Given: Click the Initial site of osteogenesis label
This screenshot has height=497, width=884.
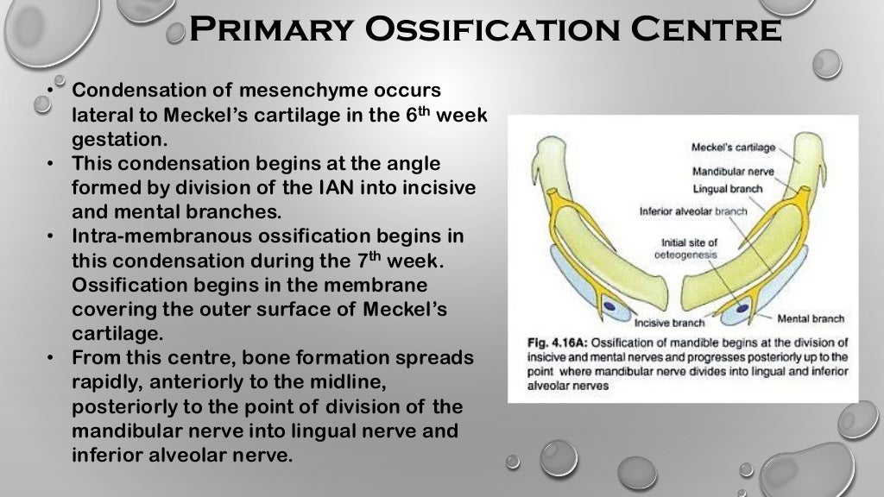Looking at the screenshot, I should click(689, 248).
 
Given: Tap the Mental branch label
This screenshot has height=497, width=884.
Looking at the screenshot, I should click(811, 318).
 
